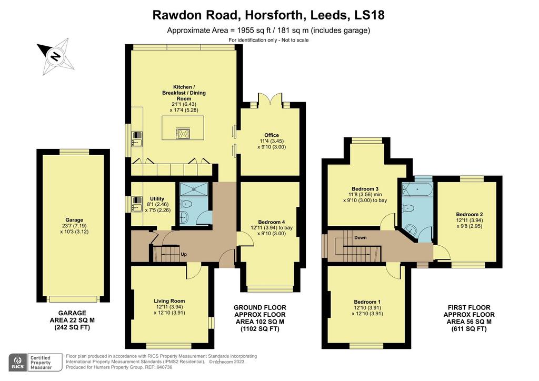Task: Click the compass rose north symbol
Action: click(55, 56)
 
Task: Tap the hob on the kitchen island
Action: click(183, 133)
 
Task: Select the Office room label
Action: click(272, 135)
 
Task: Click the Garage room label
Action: click(74, 220)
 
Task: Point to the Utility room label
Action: click(157, 198)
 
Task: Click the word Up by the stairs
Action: click(184, 255)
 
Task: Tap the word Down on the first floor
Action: click(360, 237)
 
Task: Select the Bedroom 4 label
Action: click(272, 222)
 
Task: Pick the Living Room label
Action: click(169, 301)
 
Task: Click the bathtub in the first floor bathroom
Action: click(417, 189)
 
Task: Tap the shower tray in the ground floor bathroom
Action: click(194, 189)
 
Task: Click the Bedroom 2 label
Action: click(469, 214)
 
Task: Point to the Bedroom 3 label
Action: click(365, 188)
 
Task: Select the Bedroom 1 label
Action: click(367, 302)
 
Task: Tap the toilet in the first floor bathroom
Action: click(408, 208)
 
